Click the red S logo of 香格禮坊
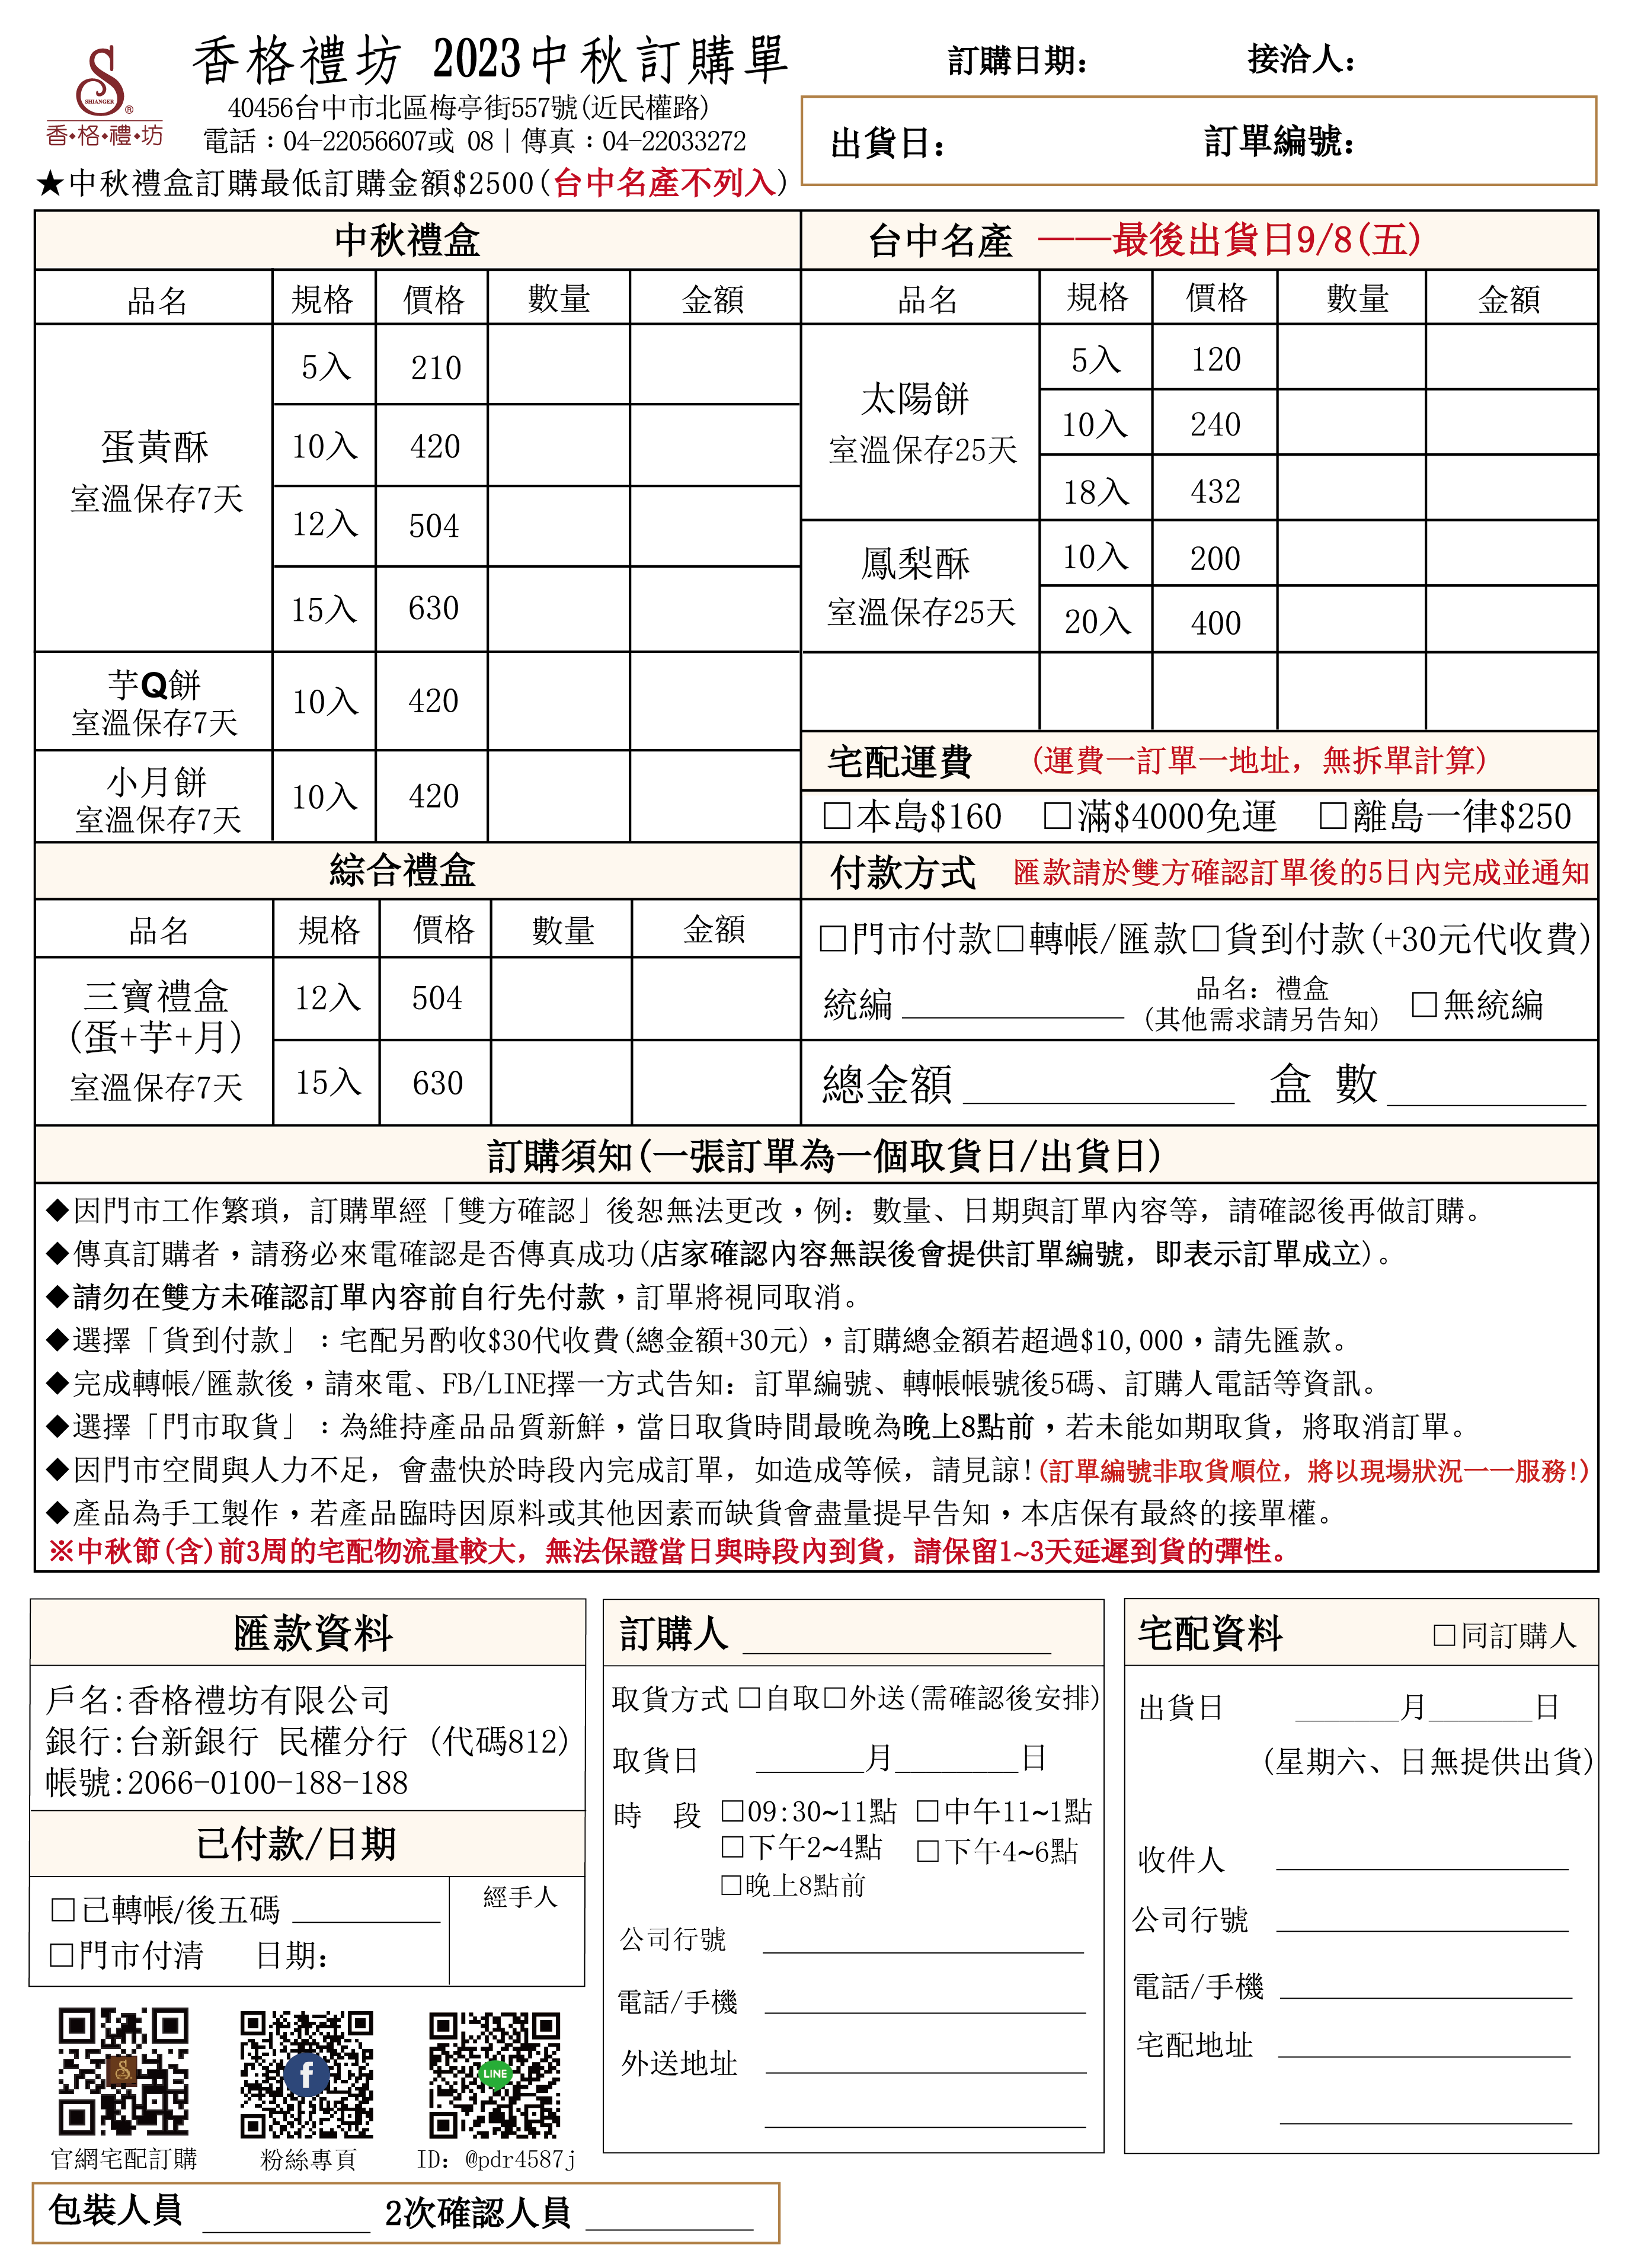103,79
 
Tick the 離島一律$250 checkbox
1332,816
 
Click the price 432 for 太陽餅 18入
1215,492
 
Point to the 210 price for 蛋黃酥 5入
436,368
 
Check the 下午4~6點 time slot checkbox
927,1851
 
